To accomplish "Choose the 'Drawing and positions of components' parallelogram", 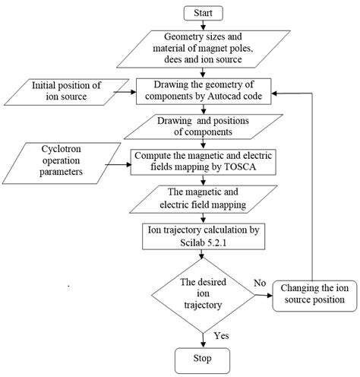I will click(x=201, y=126).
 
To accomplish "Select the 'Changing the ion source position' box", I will click(x=314, y=294).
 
